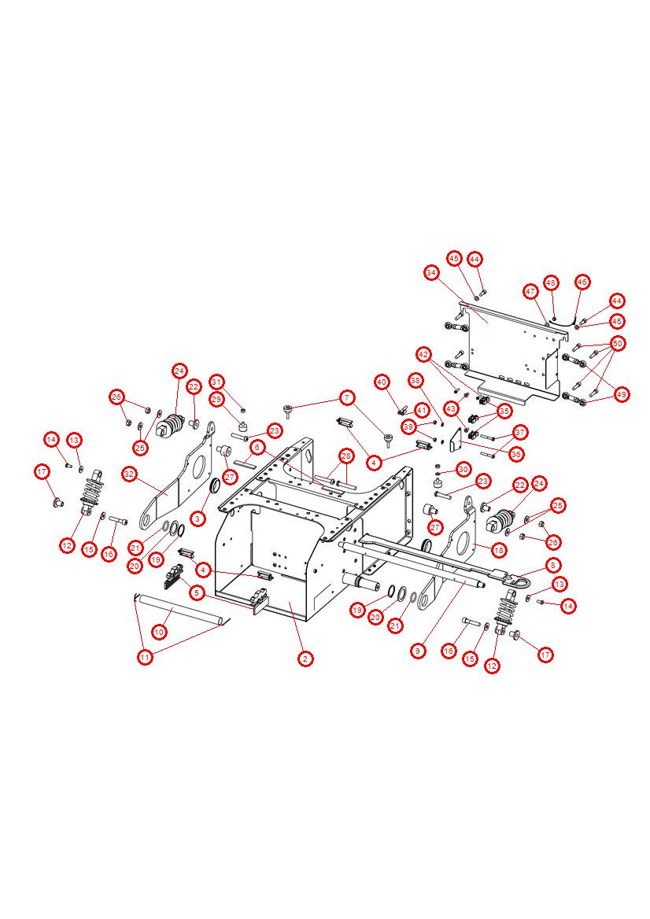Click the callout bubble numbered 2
coord(306,659)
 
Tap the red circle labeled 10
coord(159,632)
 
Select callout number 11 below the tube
coord(145,658)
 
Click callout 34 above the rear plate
coord(431,272)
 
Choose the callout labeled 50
coord(618,343)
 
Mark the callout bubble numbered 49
coord(622,394)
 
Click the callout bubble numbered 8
coord(554,565)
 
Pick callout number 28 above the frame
coord(345,456)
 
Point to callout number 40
coord(382,382)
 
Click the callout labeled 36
coord(516,453)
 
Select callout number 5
coord(196,592)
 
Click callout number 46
coord(582,282)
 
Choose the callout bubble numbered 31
coord(217,382)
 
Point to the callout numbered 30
coord(463,469)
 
